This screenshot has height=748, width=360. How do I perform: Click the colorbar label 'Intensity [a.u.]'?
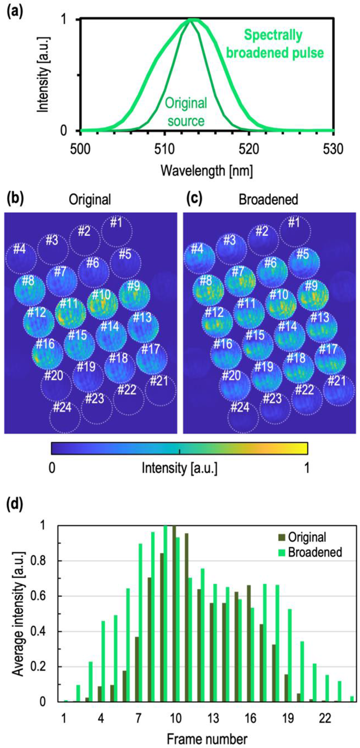pos(180,466)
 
